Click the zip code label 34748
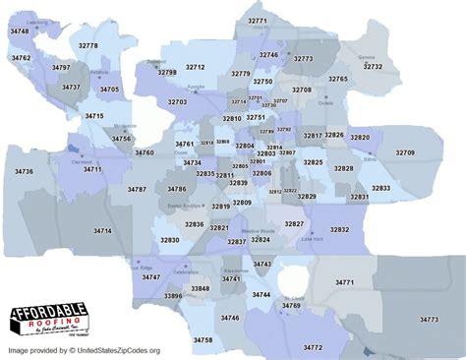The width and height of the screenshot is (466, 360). [x=20, y=32]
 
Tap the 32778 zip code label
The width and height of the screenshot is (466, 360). [x=88, y=46]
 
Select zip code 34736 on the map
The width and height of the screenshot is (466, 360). [x=24, y=171]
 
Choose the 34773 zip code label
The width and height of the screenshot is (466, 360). [x=429, y=319]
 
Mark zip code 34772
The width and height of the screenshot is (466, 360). [x=313, y=347]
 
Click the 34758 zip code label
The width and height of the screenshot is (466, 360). [x=203, y=339]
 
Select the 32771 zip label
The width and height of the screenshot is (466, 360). [x=257, y=21]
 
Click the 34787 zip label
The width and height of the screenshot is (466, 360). [x=137, y=189]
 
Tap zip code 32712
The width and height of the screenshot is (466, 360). [x=195, y=67]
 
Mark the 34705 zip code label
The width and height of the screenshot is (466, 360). [x=109, y=90]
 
